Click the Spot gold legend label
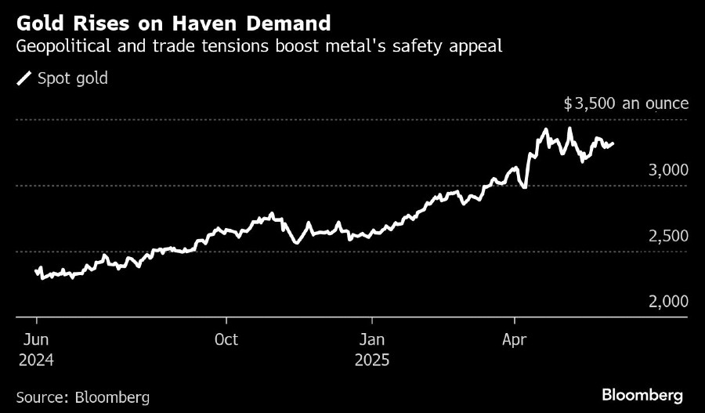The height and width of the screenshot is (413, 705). (x=73, y=78)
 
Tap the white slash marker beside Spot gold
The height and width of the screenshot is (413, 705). (x=25, y=78)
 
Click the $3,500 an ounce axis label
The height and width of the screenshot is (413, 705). (x=626, y=103)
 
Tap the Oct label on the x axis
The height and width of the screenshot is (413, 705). (x=226, y=340)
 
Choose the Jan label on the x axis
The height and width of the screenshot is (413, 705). (x=372, y=340)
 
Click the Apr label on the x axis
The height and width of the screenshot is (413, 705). (x=514, y=340)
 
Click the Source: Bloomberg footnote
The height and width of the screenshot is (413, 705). (x=82, y=397)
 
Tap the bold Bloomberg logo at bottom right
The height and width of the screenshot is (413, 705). (x=642, y=394)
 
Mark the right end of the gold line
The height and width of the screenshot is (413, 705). (x=613, y=143)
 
